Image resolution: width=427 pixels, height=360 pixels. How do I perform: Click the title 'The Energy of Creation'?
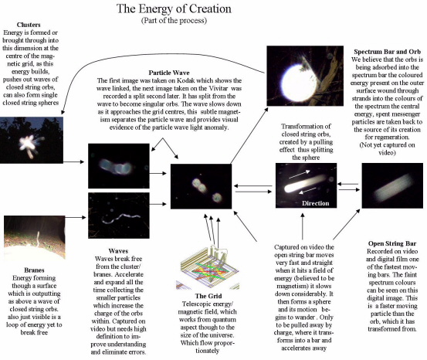174,8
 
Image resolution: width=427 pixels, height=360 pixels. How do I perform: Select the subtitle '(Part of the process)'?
174,20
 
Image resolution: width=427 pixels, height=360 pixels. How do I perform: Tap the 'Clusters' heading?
29,25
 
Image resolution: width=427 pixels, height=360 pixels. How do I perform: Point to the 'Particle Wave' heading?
169,73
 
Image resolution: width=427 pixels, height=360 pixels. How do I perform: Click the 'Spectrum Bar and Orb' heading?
387,52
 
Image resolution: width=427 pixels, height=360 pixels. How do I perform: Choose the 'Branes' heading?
34,270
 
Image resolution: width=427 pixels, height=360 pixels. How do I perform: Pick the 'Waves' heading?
118,251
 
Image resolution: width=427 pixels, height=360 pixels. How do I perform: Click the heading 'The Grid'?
208,296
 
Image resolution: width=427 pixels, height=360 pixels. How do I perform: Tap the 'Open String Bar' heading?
392,243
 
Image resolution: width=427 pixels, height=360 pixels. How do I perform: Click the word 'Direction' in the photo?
315,203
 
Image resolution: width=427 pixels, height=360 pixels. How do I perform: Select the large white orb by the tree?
299,80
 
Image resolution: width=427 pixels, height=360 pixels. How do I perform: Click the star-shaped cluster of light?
30,144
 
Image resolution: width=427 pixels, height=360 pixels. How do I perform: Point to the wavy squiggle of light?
120,218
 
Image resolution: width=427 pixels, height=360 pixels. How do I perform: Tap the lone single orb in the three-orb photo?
217,197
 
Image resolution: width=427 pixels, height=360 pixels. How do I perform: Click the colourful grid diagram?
209,267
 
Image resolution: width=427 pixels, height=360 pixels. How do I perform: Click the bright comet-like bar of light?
305,183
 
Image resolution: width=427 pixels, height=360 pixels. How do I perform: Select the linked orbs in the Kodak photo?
116,167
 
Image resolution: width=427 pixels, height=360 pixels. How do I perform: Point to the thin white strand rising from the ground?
38,239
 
